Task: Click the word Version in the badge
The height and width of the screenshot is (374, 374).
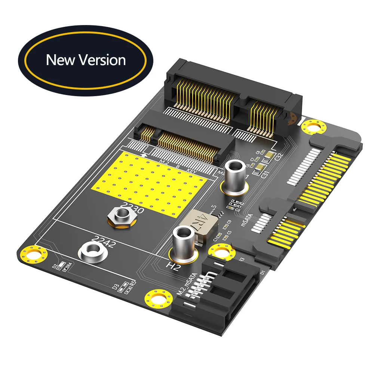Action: (x=102, y=60)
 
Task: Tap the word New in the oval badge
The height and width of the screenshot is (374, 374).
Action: (x=61, y=60)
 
